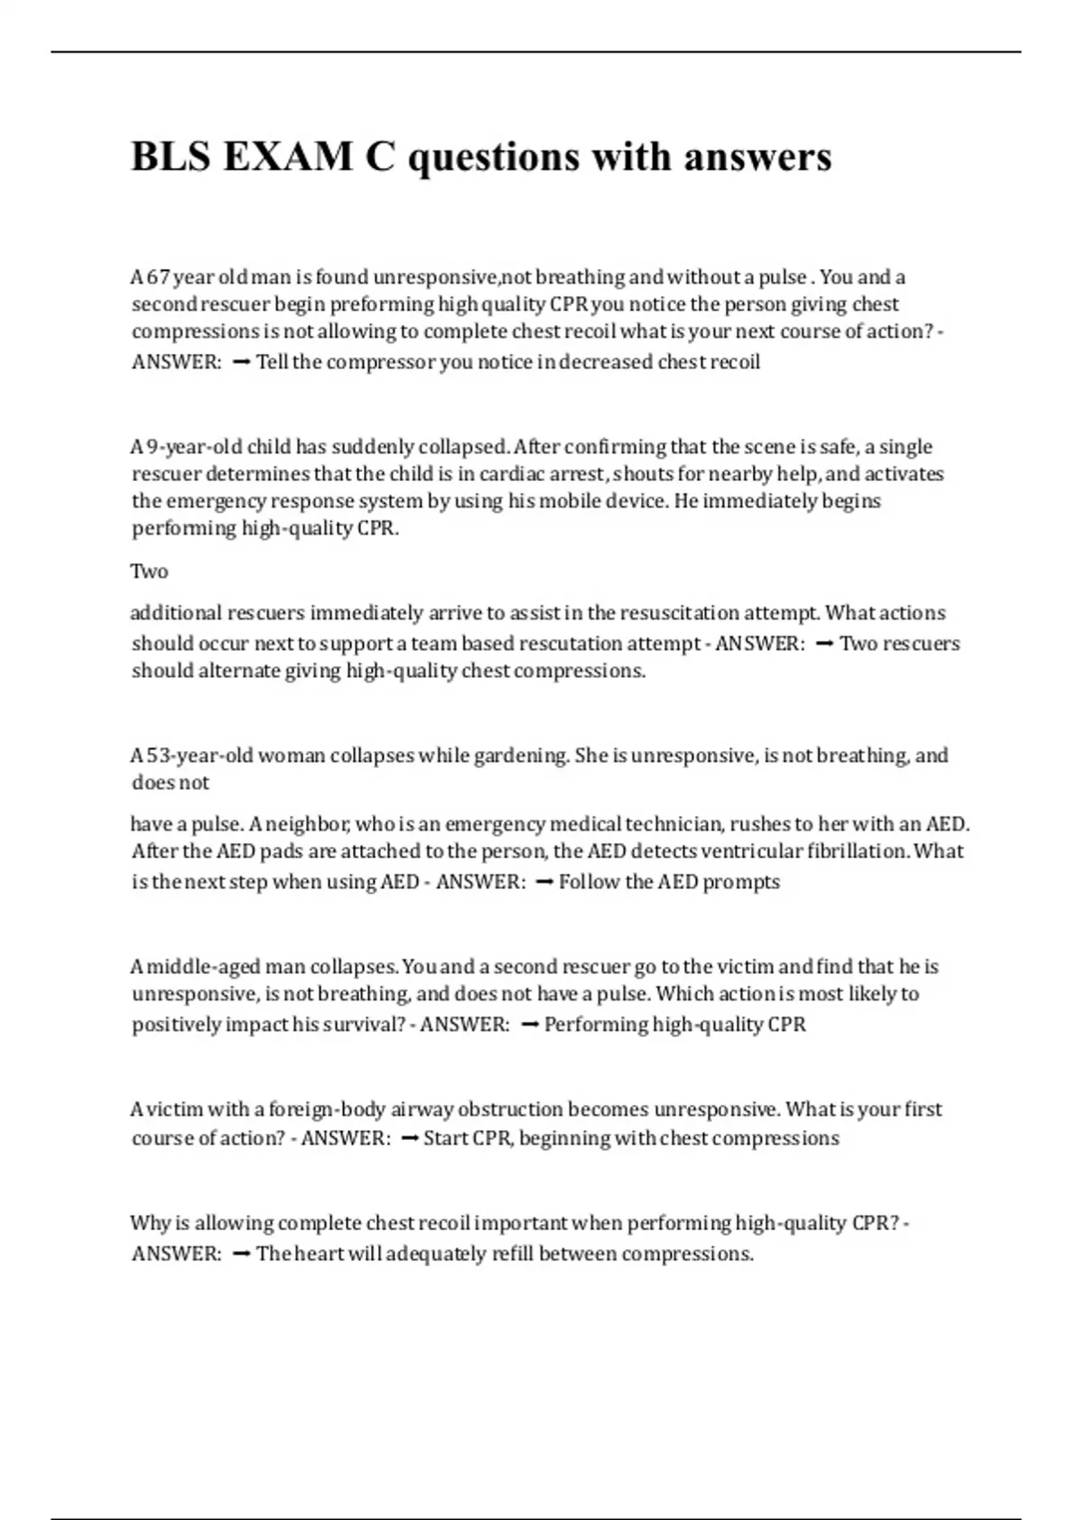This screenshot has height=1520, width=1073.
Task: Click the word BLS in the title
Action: point(171,156)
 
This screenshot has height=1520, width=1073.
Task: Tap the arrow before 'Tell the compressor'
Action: point(241,362)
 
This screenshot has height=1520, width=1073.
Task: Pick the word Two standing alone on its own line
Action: point(149,571)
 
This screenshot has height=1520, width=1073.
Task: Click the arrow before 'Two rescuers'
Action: point(825,644)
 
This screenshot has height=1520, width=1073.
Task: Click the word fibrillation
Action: point(858,850)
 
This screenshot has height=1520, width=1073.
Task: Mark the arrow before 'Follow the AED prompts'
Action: point(543,882)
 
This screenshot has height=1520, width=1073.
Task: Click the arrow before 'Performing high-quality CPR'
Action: point(528,1025)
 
